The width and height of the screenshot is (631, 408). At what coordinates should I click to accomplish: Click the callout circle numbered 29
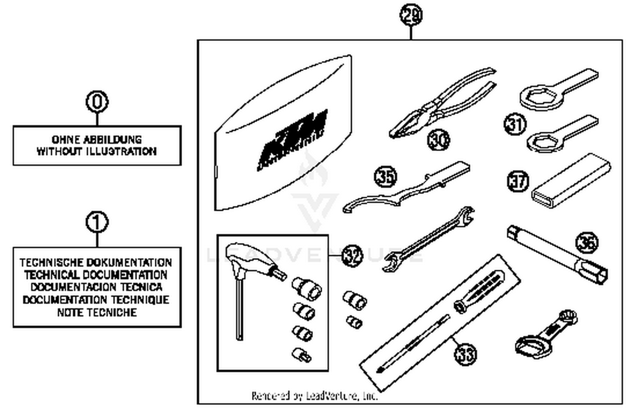411,16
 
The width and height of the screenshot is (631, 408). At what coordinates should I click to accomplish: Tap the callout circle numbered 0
97,101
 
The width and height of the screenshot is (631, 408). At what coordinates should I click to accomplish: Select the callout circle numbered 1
97,222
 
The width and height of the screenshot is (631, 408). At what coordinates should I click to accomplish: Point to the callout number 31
515,125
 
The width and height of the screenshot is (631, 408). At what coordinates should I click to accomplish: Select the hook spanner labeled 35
404,189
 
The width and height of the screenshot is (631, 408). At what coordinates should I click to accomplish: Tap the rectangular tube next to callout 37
570,181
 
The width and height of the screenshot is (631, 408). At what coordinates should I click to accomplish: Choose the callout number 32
352,256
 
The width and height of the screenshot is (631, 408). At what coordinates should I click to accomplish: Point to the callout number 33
465,353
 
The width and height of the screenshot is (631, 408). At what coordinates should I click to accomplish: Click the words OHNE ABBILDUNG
97,139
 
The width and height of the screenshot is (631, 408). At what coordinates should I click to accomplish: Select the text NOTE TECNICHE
97,312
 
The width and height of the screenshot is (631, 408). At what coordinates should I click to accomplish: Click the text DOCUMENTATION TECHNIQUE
96,300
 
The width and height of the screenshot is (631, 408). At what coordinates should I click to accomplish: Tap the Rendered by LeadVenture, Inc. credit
314,396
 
